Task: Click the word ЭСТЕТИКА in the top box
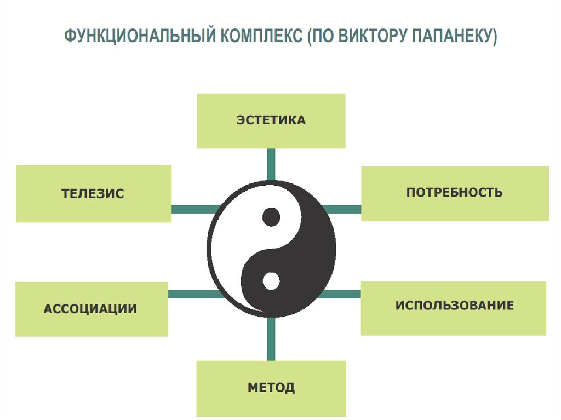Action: pyautogui.click(x=271, y=120)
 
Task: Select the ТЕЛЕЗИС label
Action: pyautogui.click(x=93, y=193)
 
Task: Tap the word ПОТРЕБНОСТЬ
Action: pyautogui.click(x=454, y=192)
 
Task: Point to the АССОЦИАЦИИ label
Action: pyautogui.click(x=90, y=309)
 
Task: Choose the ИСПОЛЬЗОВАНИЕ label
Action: pyautogui.click(x=454, y=305)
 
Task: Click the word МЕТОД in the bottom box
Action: pyautogui.click(x=271, y=388)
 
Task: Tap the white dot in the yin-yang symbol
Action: pyautogui.click(x=271, y=281)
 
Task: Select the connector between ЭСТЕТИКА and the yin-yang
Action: pyautogui.click(x=271, y=164)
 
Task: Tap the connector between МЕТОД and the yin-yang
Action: pyautogui.click(x=271, y=338)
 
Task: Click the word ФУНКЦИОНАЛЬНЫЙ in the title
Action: pyautogui.click(x=140, y=37)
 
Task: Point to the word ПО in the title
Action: pyautogui.click(x=324, y=37)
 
